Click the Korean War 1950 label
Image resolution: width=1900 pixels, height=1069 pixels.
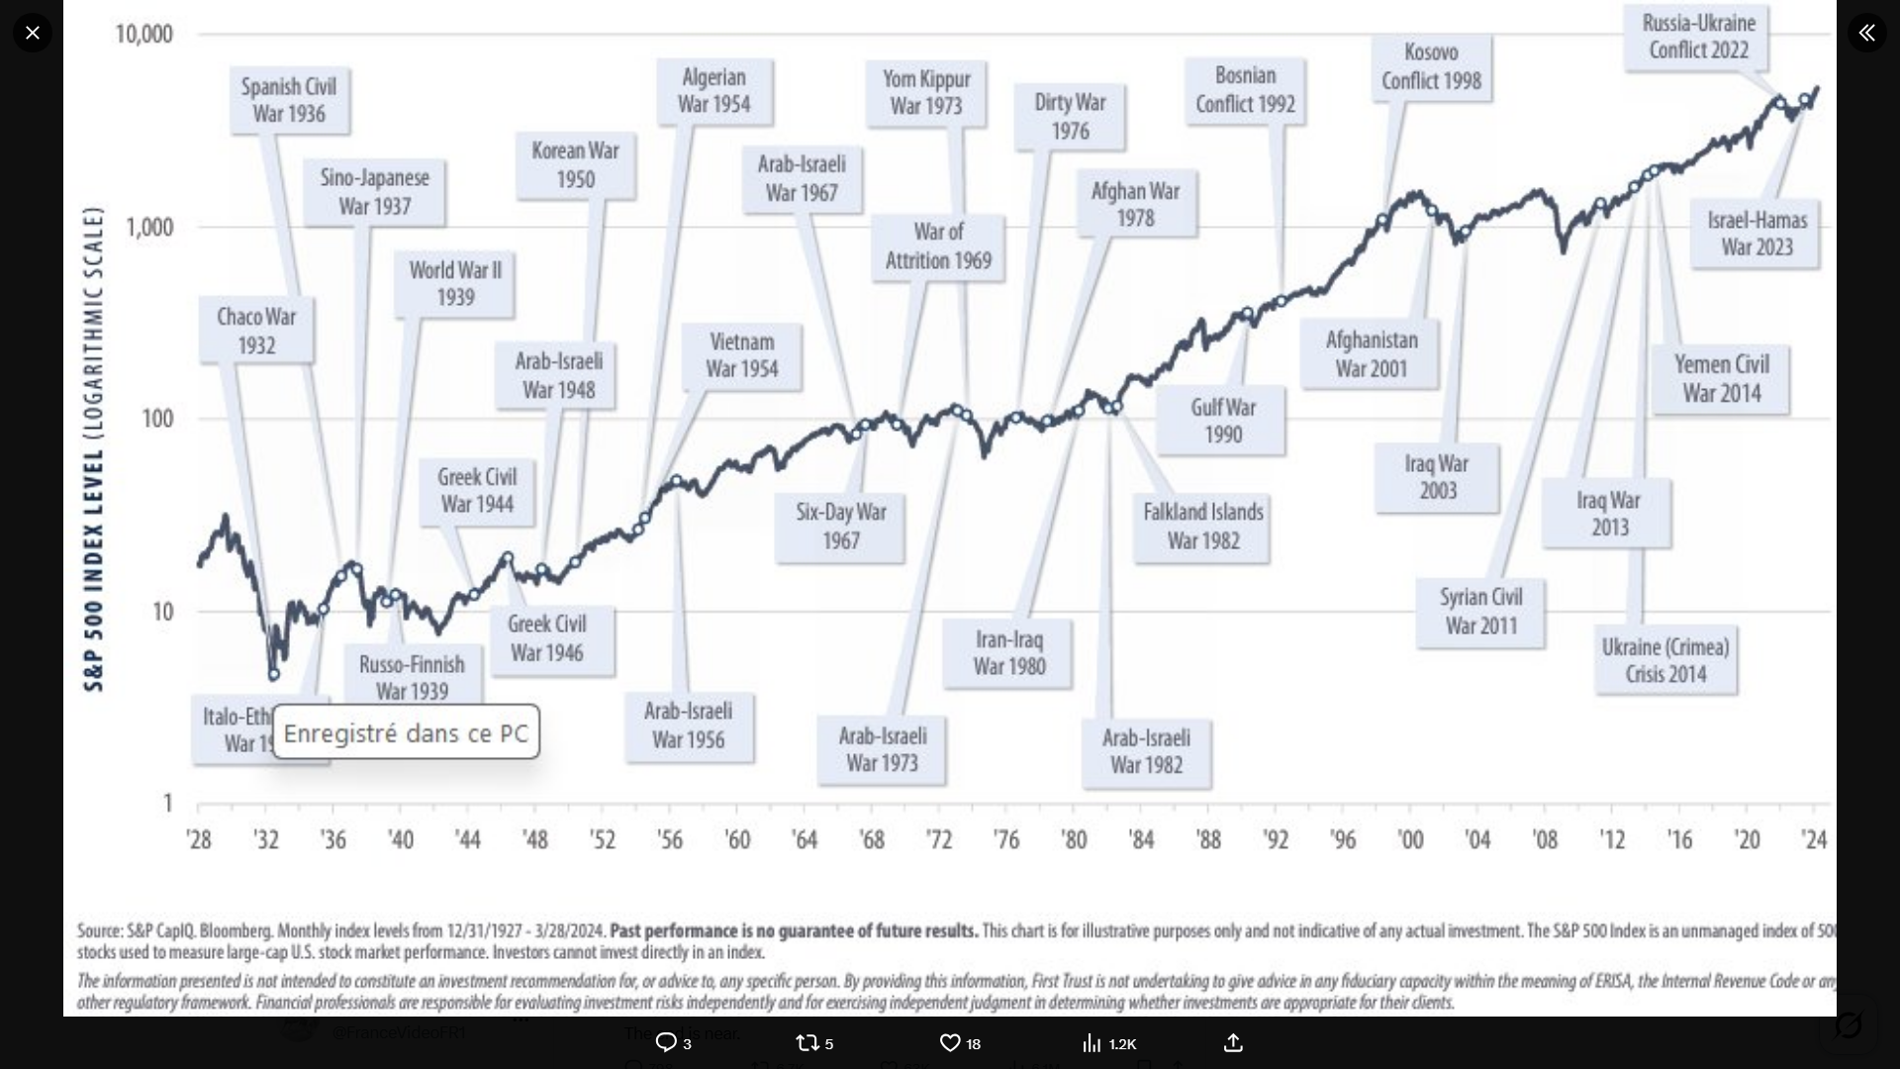[x=575, y=165]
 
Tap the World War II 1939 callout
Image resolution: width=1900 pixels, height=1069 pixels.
[x=455, y=284]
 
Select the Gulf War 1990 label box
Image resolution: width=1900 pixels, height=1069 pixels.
[x=1222, y=421]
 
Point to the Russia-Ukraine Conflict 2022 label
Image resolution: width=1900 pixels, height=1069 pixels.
[x=1698, y=37]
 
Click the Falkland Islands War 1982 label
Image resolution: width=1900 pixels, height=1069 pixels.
[x=1202, y=527]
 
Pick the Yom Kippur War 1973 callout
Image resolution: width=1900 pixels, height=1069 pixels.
[x=926, y=92]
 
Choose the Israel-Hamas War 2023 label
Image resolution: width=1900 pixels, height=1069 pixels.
[x=1757, y=234]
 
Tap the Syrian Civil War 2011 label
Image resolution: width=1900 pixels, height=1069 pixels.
[x=1480, y=612]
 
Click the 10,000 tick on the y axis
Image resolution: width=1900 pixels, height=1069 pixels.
[x=144, y=35]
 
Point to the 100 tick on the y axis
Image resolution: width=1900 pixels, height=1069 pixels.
[x=157, y=419]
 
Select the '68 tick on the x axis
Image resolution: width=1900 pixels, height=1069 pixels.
[x=872, y=840]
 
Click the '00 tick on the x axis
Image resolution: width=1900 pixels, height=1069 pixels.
[x=1410, y=840]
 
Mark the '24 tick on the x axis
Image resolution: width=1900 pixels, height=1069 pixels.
[x=1814, y=840]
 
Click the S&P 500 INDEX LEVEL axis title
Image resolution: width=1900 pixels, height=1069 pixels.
[x=93, y=448]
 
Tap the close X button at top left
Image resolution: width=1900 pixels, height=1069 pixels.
[x=33, y=33]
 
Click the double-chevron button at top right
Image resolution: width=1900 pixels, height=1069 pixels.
[x=1866, y=33]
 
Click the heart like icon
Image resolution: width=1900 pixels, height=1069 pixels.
[x=949, y=1043]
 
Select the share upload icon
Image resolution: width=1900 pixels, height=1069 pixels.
[x=1233, y=1043]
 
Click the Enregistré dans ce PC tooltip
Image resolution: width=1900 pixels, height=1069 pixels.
[x=406, y=732]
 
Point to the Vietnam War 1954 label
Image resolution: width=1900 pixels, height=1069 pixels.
[x=741, y=355]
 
